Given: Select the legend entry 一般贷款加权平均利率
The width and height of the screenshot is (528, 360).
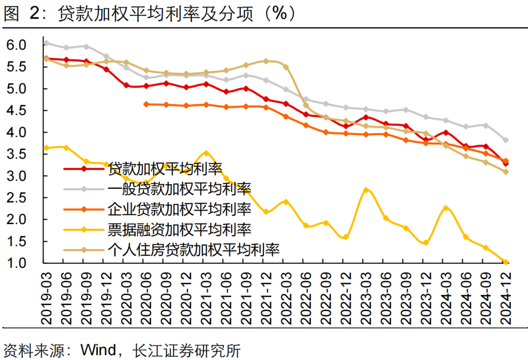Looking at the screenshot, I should click(179, 189).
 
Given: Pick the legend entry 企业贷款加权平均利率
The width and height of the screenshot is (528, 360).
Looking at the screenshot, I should click(179, 209).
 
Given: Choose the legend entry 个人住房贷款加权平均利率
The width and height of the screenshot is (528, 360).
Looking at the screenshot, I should click(193, 249).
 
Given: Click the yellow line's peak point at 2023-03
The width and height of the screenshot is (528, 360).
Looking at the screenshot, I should click(366, 190).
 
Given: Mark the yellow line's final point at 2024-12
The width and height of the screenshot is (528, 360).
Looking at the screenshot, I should click(506, 262).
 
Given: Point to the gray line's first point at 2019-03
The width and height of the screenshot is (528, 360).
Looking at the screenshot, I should click(46, 43).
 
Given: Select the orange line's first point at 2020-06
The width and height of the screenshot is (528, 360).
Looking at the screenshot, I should click(146, 104).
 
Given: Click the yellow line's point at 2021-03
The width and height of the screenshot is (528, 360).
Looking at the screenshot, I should click(206, 153).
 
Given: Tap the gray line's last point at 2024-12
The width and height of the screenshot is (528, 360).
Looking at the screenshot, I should click(506, 140).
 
